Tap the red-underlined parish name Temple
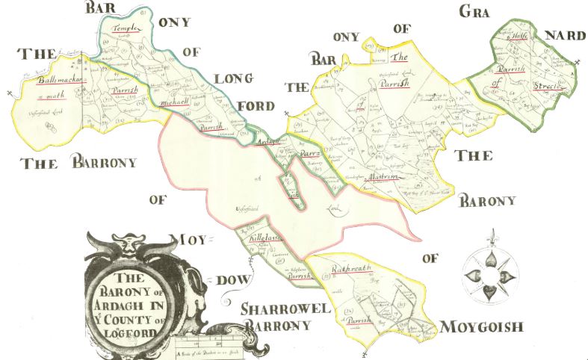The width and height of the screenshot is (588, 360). pos(126,28)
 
